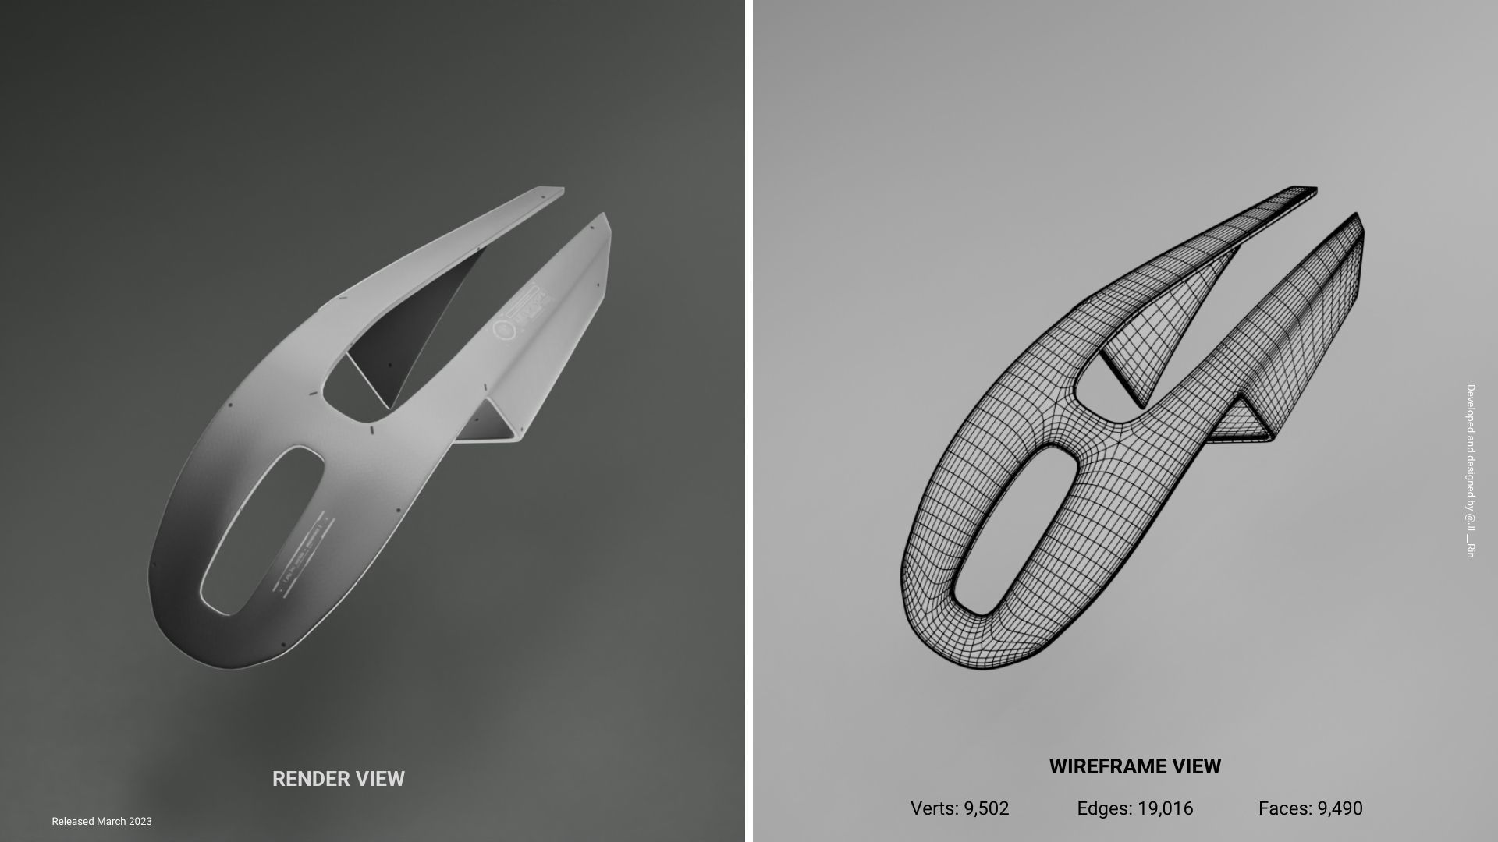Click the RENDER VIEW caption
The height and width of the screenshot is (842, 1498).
pos(338,778)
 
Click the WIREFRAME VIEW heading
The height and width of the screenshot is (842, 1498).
pos(1134,766)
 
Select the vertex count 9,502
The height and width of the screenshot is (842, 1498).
pos(959,808)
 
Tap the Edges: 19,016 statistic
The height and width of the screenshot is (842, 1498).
pos(1134,808)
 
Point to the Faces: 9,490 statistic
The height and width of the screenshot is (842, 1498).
pos(1310,808)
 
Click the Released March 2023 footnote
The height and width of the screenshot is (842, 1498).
pos(101,821)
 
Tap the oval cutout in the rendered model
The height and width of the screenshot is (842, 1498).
pos(262,530)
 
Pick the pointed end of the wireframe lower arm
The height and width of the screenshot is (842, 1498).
pos(1355,217)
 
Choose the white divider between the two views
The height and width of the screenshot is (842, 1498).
pos(748,421)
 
